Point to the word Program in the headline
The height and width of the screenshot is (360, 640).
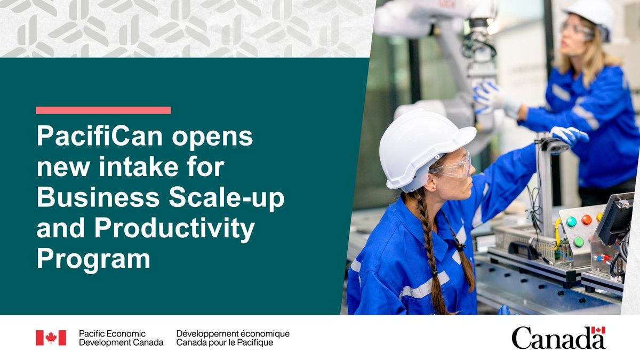(x=93, y=260)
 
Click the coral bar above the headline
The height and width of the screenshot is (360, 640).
(x=103, y=110)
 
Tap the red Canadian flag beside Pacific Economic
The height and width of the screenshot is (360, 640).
(x=51, y=338)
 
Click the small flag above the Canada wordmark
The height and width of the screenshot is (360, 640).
(x=598, y=330)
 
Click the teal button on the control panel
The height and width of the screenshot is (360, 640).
(x=571, y=221)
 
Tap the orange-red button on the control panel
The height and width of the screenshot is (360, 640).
(x=586, y=219)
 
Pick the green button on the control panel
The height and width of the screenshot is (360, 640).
(x=578, y=241)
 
